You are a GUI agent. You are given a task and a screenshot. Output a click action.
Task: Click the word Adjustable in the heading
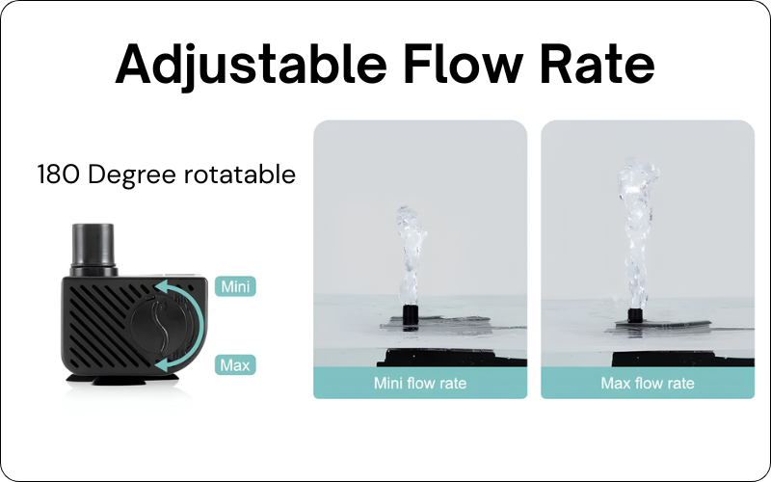251,65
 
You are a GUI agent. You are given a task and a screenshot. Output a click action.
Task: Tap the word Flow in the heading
464,64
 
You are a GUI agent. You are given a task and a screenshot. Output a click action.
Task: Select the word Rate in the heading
598,64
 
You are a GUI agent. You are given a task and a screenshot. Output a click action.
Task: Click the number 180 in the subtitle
58,174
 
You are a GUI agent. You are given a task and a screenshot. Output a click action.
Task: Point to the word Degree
131,176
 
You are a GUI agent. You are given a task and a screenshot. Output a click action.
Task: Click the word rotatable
239,174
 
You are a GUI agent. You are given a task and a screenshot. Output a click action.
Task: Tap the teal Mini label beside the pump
235,286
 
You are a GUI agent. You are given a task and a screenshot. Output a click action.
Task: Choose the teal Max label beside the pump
235,365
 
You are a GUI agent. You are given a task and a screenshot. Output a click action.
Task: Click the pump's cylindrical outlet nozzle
93,249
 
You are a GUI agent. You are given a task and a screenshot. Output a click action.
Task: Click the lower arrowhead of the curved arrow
162,365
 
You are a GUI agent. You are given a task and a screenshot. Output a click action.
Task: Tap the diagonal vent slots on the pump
101,325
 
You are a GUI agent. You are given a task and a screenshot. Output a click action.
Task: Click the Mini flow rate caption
420,383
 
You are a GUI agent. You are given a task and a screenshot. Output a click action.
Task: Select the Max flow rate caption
648,383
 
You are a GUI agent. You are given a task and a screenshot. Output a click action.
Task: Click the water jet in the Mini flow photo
412,255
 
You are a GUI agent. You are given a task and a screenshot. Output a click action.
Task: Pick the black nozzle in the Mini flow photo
411,315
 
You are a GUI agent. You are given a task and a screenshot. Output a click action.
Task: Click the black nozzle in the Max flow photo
635,315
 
